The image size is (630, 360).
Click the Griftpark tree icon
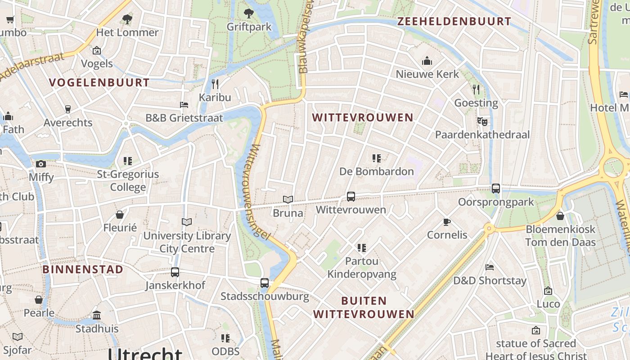[x=248, y=13]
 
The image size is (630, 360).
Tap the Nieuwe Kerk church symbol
[x=427, y=61]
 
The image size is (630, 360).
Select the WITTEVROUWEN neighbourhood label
[x=363, y=117]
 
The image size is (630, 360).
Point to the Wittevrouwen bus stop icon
[x=351, y=197]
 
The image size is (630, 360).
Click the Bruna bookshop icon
[x=288, y=199]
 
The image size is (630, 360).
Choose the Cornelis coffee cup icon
[x=447, y=222]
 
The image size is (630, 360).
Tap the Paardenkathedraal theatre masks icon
[x=482, y=121]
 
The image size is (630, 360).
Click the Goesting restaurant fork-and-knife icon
[x=476, y=89]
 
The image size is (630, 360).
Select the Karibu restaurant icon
[x=215, y=84]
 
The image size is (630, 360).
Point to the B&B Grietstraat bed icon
[x=184, y=105]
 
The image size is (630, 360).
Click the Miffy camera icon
[x=41, y=164]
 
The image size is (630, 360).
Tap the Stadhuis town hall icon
[x=97, y=315]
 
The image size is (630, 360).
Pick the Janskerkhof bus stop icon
[x=175, y=272]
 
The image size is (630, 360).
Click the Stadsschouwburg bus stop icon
[x=265, y=283]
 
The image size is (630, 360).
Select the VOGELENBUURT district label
[x=99, y=82]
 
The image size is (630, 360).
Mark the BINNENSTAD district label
[x=83, y=270]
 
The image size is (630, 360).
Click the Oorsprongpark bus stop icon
[x=496, y=189]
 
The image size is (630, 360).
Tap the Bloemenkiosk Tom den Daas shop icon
[x=560, y=216]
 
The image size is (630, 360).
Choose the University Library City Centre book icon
[x=187, y=222]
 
